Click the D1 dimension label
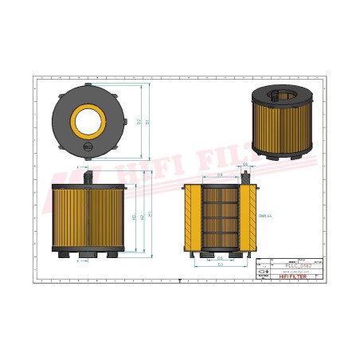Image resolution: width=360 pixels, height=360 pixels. coord(148,121)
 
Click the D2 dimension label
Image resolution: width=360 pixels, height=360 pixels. coord(139,121)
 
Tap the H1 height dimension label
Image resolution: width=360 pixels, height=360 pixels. coord(151,215)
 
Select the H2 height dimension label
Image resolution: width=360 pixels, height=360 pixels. coord(142,217)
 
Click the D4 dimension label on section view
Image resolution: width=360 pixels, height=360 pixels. coord(220,175)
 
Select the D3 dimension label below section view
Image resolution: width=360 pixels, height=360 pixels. coord(220,265)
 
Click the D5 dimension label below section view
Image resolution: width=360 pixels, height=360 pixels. coord(220,259)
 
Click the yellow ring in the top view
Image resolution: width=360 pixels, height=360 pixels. coord(88,121)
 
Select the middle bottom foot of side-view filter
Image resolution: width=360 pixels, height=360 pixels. coord(88,256)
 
